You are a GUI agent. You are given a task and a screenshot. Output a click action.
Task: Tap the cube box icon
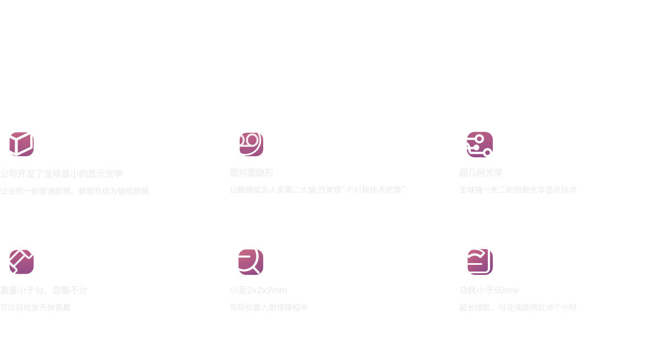(x=17, y=140)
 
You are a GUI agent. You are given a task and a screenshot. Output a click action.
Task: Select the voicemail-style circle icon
(x=246, y=140)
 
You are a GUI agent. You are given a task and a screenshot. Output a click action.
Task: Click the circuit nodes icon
(x=475, y=141)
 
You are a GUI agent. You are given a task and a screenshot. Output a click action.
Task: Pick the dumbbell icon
(x=17, y=258)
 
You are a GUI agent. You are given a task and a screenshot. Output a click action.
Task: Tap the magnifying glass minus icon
(x=246, y=258)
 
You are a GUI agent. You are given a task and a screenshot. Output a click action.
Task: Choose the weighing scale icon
(x=475, y=258)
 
